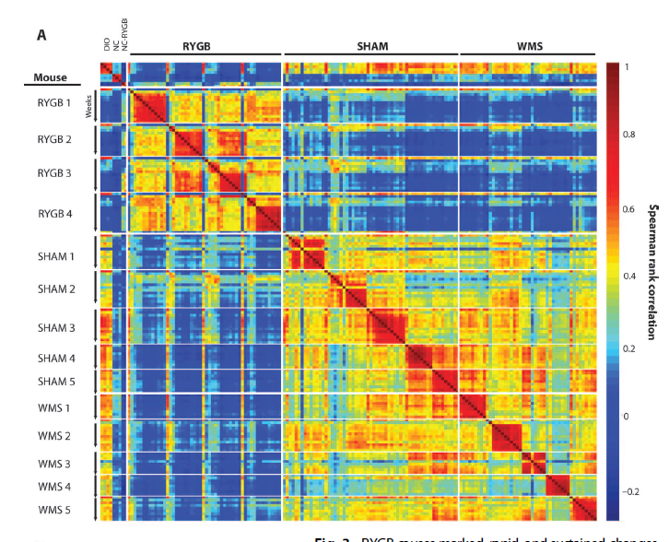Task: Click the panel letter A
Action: coord(41,34)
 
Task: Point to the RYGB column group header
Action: coord(205,46)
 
